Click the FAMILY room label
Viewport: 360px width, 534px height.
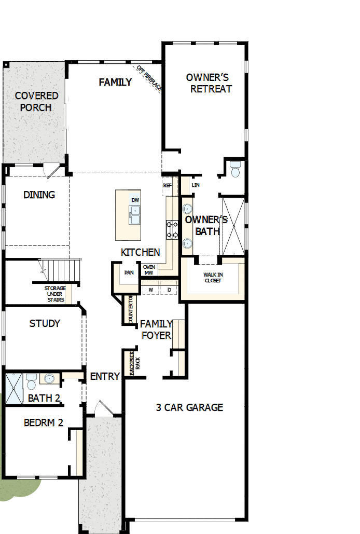tap(115, 82)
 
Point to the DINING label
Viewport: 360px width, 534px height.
tap(39, 195)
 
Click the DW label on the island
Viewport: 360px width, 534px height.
tap(135, 200)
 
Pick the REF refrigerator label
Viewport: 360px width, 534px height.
tap(167, 185)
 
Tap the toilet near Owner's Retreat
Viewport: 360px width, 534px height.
tap(236, 170)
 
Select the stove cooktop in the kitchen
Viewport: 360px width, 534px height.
tap(172, 228)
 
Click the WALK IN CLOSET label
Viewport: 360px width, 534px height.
tap(212, 277)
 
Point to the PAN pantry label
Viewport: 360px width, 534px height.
tap(129, 272)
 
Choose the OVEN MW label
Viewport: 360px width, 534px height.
tap(149, 270)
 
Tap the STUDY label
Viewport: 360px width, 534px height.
tap(45, 323)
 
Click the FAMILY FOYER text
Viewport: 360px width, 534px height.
tap(156, 330)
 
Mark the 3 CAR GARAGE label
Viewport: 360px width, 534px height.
tap(189, 407)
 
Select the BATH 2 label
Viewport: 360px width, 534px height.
tap(44, 399)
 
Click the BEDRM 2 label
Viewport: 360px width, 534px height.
tap(44, 422)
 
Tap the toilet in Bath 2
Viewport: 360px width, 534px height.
tap(31, 381)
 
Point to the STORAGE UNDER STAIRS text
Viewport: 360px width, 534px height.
tap(54, 294)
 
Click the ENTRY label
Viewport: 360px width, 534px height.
tap(105, 376)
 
